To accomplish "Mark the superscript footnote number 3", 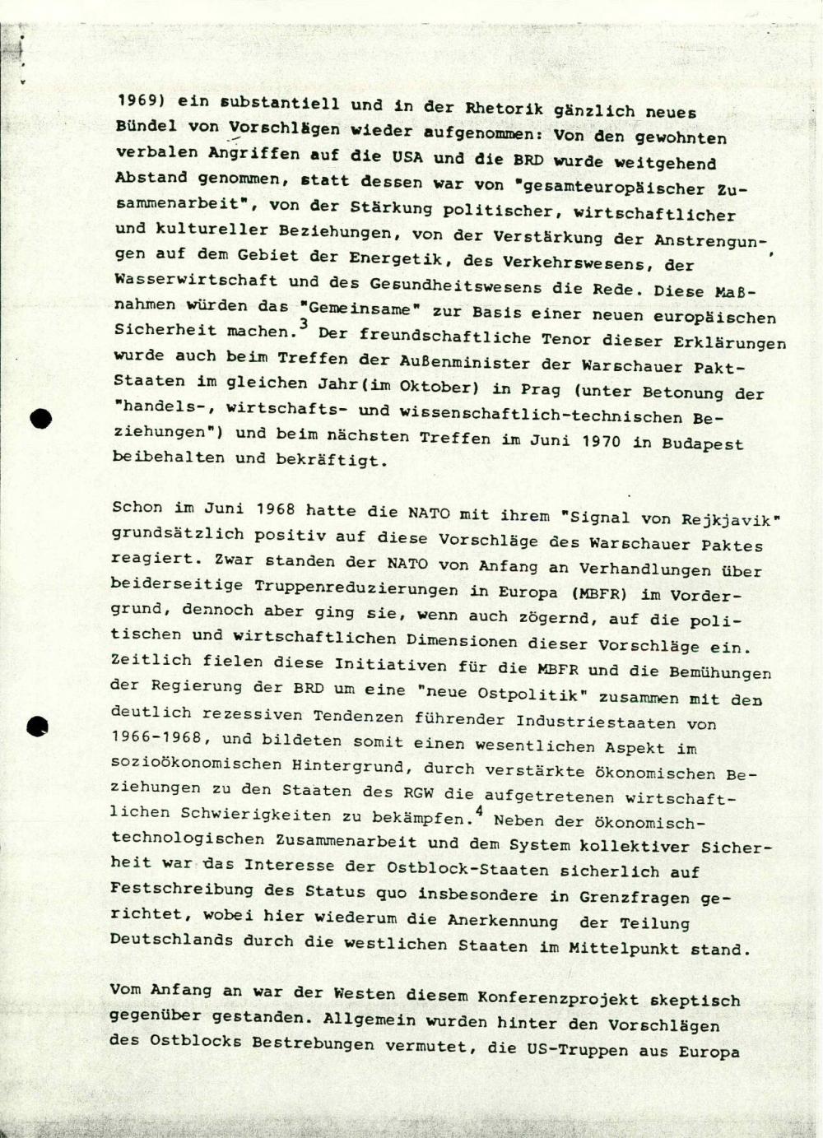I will coord(303,323).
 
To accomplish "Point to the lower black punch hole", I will coord(37,725).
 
